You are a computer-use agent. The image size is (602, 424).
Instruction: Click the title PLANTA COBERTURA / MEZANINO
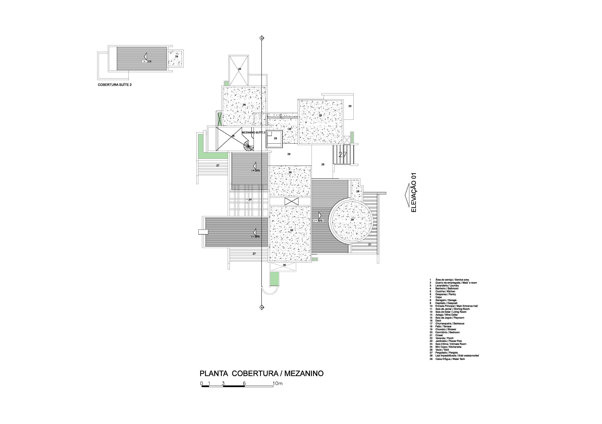(261, 373)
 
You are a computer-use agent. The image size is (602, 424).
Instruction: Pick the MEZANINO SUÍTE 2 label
(253, 133)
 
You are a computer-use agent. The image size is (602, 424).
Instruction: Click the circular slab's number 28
(352, 220)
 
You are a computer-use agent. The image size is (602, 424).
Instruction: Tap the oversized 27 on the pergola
(342, 155)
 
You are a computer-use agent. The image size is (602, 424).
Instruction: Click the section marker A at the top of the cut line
(261, 38)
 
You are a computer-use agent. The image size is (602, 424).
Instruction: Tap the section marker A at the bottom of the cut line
(261, 307)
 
